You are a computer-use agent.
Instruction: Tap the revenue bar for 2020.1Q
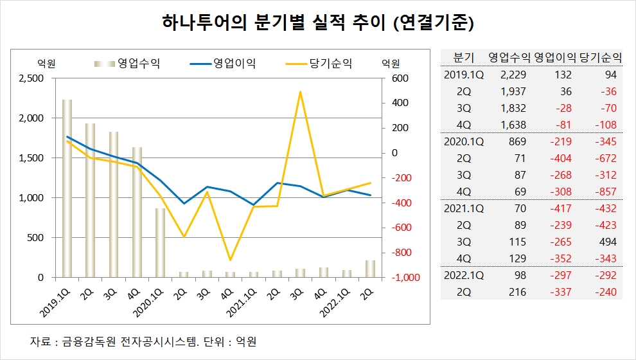coord(161,242)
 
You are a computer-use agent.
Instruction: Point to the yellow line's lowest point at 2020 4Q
coord(231,260)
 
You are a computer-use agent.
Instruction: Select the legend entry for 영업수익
coord(128,63)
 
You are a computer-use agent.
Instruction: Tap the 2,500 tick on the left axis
coord(31,78)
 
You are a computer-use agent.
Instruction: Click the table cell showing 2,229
coord(513,74)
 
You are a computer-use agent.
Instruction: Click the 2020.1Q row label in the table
coord(464,141)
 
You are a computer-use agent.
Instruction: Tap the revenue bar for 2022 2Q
coord(371,269)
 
